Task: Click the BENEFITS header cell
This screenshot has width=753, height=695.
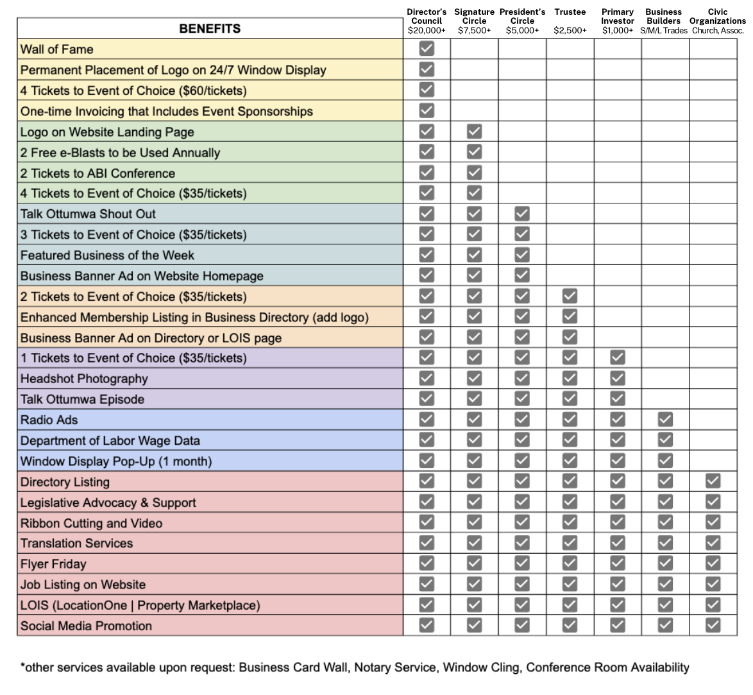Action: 210,28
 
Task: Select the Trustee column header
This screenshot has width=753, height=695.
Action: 570,12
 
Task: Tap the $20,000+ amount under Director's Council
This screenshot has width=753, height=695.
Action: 427,30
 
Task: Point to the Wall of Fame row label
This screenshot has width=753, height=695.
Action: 57,49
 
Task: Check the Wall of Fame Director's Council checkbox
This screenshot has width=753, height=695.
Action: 427,49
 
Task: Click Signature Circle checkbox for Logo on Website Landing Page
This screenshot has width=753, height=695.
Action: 474,132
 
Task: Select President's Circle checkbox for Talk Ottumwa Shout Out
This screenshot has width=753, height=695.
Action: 522,214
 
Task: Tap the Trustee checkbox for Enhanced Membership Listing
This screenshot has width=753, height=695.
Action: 570,316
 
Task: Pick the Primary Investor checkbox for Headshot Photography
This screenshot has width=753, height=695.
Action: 617,379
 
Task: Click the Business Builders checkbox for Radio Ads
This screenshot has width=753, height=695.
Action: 665,420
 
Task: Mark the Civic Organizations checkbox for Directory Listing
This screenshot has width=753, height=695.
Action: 712,481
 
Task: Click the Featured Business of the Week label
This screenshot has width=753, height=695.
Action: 107,255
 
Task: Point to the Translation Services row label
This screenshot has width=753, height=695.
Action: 77,544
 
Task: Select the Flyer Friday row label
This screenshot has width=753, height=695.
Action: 53,564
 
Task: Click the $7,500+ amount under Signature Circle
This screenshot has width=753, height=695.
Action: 474,30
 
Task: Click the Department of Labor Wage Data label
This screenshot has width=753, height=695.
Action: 110,441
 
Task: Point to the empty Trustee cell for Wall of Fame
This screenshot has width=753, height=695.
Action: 570,49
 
